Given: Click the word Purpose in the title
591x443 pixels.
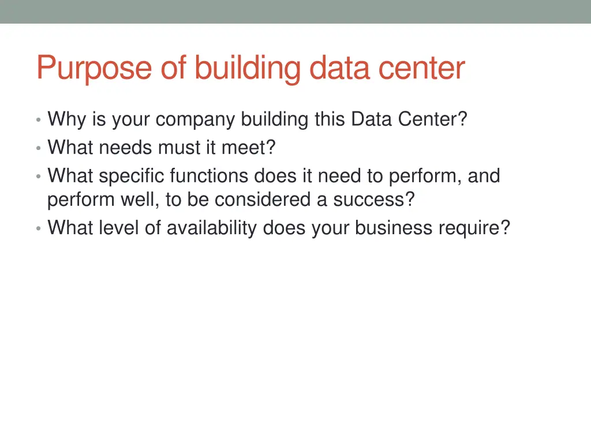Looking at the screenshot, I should coord(94,69).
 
